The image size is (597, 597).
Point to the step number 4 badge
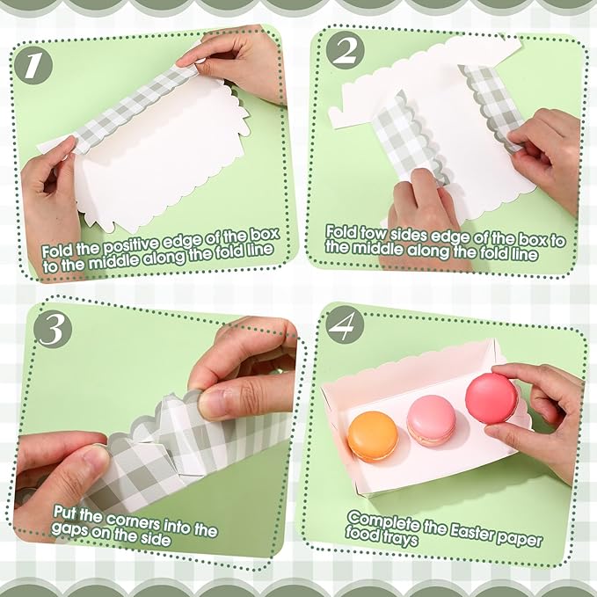tap(344, 326)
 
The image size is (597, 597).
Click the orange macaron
tap(372, 435)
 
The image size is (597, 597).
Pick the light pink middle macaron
tap(432, 419)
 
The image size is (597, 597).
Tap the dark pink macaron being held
tap(491, 398)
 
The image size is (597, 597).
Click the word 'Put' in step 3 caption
tap(68, 512)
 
